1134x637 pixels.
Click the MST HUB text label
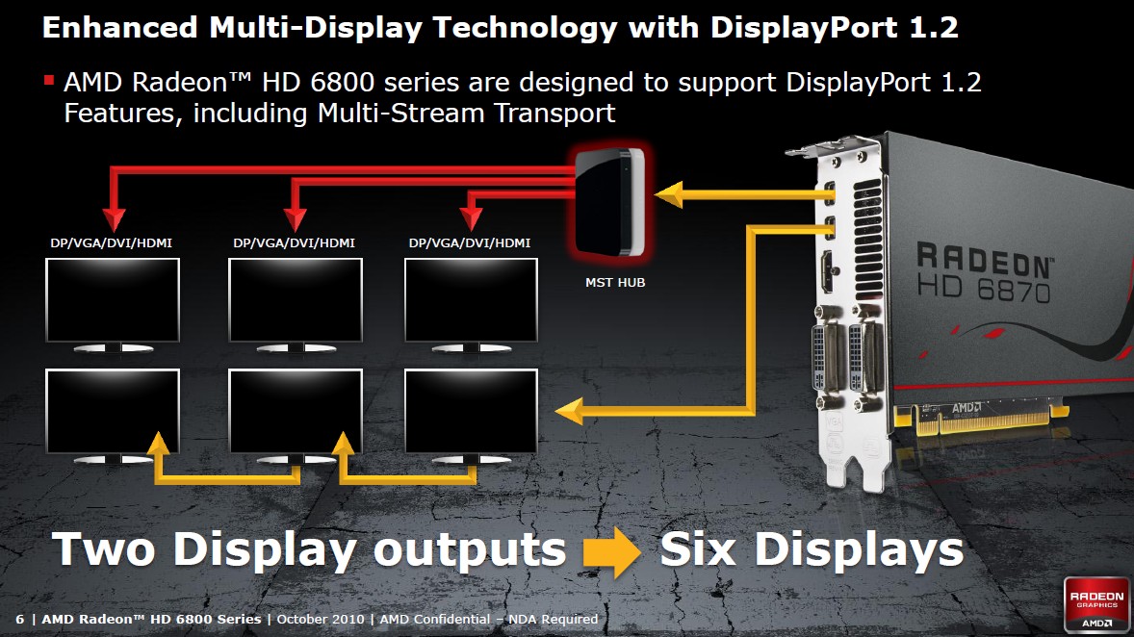pyautogui.click(x=615, y=283)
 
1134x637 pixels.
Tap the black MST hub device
pyautogui.click(x=610, y=202)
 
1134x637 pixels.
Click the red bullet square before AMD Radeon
pyautogui.click(x=49, y=80)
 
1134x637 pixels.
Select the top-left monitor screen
pyautogui.click(x=112, y=300)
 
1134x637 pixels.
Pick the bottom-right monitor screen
pyautogui.click(x=471, y=412)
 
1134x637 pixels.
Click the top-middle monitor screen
pyautogui.click(x=296, y=300)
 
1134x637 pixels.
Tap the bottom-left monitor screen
pyautogui.click(x=112, y=412)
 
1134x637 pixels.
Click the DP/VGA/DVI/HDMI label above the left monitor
pyautogui.click(x=112, y=242)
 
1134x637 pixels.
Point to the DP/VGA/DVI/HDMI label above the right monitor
pyautogui.click(x=470, y=242)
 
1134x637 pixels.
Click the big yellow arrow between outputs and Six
pyautogui.click(x=612, y=551)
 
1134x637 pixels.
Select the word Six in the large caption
pyautogui.click(x=698, y=549)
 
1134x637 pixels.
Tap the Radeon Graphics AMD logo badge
pyautogui.click(x=1096, y=604)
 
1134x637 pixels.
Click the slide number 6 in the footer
pyautogui.click(x=19, y=619)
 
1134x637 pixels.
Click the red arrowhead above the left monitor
pyautogui.click(x=114, y=219)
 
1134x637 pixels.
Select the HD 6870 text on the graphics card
pyautogui.click(x=984, y=289)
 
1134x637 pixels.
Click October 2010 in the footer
pyautogui.click(x=321, y=619)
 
